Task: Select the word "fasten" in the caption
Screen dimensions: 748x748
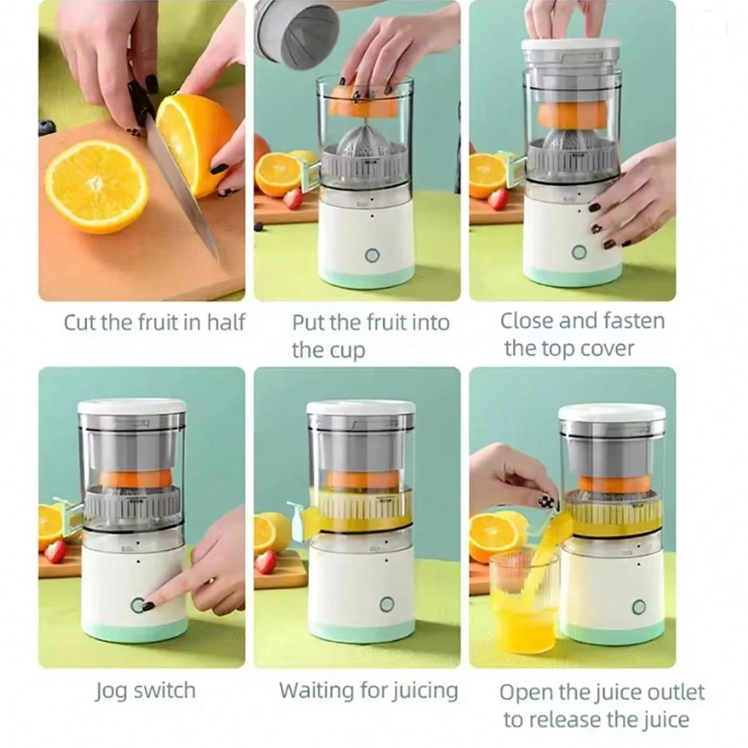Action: pos(634,321)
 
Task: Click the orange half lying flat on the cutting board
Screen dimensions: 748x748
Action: pos(97,187)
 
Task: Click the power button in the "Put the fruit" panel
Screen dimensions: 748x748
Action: pos(372,256)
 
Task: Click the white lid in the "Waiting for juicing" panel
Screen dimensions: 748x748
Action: pos(361,409)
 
